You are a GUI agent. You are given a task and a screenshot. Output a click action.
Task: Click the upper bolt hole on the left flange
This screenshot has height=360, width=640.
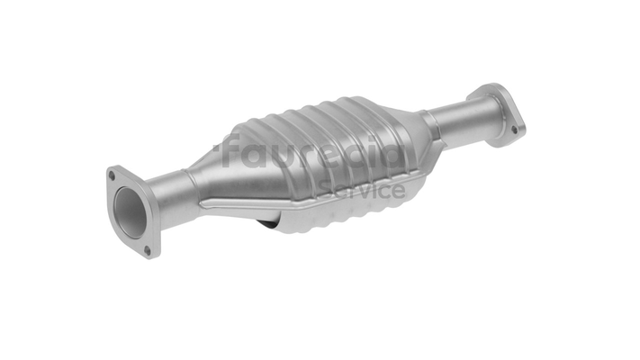[112, 175]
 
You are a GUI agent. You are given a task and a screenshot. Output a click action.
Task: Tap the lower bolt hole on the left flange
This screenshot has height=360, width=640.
[148, 250]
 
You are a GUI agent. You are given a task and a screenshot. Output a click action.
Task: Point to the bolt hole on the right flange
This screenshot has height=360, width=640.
[514, 130]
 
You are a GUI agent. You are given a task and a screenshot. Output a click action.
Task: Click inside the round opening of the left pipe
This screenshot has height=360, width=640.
[130, 212]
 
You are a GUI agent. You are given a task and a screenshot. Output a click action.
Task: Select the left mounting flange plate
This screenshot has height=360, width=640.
[132, 212]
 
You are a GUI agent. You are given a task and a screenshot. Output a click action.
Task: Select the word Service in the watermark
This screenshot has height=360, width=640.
[362, 189]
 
